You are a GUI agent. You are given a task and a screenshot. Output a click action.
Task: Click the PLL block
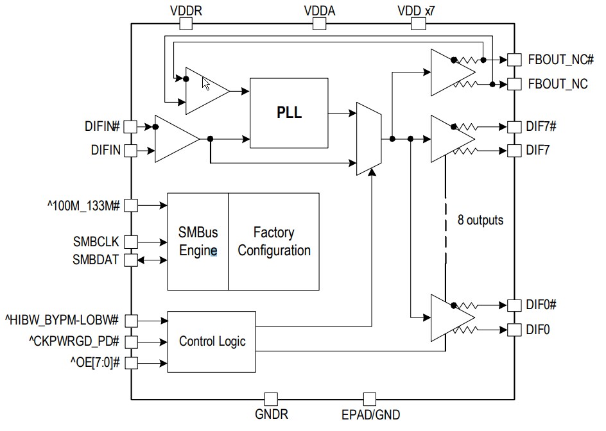point(289,114)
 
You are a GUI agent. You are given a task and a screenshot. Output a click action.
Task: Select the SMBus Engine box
point(198,241)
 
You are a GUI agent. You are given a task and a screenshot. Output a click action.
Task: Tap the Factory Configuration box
point(273,241)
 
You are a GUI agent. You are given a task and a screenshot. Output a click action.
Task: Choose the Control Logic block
point(212,341)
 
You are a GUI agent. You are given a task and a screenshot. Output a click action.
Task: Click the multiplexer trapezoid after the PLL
point(368,138)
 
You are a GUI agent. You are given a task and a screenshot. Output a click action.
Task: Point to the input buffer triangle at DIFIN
point(175,139)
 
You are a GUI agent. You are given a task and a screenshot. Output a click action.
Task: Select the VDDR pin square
point(186,24)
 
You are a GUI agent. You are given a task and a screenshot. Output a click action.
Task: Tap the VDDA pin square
point(319,24)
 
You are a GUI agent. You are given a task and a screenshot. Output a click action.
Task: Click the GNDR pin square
point(272,399)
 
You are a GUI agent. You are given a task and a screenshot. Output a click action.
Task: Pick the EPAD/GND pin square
point(370,399)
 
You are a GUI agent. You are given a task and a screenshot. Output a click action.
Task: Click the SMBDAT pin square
point(130,260)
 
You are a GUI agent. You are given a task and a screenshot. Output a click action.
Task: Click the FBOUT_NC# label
point(557,60)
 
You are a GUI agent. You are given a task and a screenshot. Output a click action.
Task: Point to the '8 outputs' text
point(480,220)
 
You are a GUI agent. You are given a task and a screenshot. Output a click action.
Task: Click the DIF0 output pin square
point(514,330)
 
